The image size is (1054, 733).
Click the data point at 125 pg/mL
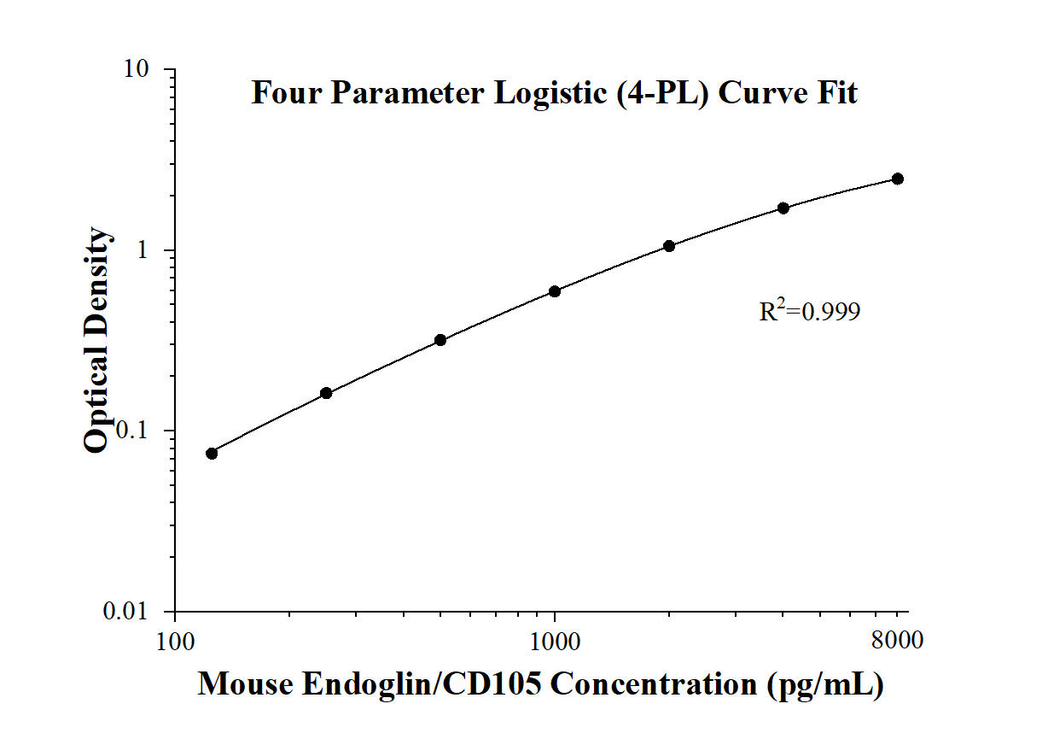coord(212,453)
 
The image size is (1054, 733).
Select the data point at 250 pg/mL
coord(326,393)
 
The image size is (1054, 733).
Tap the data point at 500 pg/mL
coord(440,340)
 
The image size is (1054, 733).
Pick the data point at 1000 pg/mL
coord(555,291)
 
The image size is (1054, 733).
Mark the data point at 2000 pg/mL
coord(669,246)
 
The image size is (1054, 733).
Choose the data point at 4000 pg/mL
coord(783,208)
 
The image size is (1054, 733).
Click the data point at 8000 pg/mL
coord(898,179)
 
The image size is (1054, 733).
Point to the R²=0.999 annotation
coord(809,311)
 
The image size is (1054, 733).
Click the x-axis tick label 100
coord(175,640)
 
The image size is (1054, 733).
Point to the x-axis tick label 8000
coord(898,640)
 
